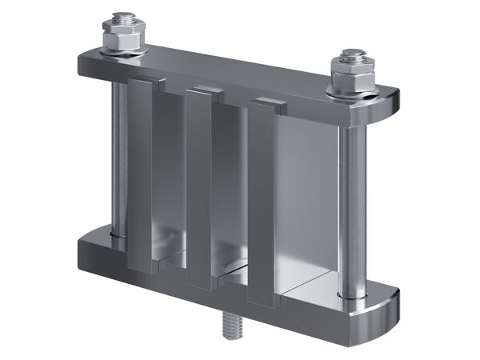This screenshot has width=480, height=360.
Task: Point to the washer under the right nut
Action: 352,92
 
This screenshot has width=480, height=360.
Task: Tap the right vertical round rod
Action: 350,208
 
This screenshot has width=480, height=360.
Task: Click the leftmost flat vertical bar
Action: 141,176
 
